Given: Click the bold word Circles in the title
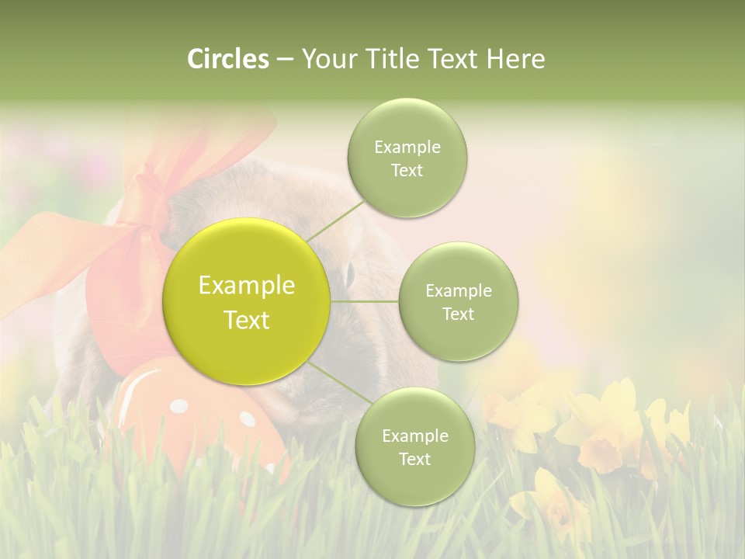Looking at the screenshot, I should coord(227,59).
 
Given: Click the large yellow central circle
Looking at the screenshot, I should coord(247,301).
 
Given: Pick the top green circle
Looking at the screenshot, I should coord(407,158).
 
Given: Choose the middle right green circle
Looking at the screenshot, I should coord(458,301).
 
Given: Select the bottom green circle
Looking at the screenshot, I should coord(414,446).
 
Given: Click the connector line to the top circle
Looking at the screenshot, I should coord(335,220).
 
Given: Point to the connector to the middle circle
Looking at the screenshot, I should coord(365,301).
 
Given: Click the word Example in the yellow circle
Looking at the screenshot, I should coord(247,286).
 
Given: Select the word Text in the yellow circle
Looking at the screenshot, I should coord(247,320).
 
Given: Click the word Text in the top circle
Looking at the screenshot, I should coord(407,170).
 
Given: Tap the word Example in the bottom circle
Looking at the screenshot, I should coord(414,436).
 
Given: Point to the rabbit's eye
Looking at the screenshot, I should coord(348,273).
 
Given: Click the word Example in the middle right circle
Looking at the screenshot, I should coord(458,290).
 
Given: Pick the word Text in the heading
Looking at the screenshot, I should coord(452,59).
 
